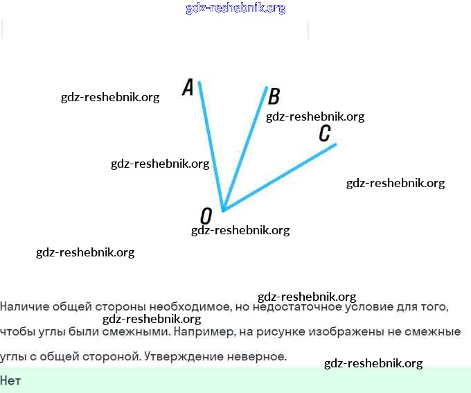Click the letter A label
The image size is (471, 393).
(x=188, y=87)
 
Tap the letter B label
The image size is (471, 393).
(x=274, y=96)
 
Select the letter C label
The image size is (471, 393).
(x=325, y=133)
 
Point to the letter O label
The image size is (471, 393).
(x=206, y=216)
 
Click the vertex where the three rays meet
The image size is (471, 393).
(x=222, y=209)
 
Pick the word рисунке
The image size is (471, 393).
(x=277, y=331)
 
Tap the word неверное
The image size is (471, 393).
(x=260, y=356)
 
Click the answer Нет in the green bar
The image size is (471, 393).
(x=10, y=381)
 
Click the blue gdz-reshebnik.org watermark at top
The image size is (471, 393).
(x=235, y=8)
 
